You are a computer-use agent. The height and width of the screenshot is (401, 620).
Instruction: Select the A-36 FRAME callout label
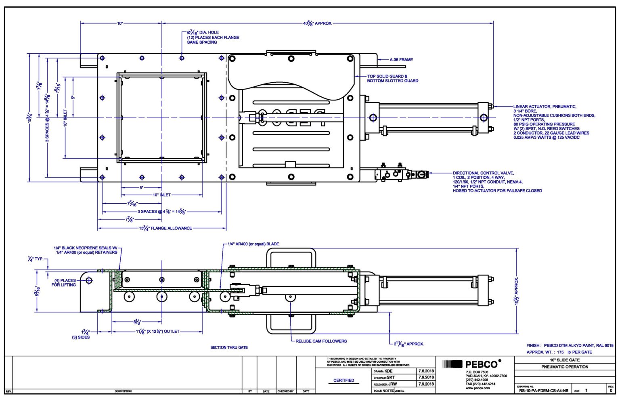401,60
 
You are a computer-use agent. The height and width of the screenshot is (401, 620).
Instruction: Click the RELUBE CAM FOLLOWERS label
321,341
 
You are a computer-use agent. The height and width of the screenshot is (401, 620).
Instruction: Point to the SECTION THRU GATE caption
229,347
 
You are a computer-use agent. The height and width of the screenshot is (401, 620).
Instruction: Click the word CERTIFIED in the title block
344,380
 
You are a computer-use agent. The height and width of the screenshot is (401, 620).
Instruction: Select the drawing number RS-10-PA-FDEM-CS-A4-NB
543,391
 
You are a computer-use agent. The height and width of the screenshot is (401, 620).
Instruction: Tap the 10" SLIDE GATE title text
564,360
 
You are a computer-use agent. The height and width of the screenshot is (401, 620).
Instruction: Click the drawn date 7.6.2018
426,371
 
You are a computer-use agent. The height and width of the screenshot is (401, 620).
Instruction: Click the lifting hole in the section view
89,280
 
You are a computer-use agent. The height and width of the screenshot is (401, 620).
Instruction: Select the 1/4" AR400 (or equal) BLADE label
253,244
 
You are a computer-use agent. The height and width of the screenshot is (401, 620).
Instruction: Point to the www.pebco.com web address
478,388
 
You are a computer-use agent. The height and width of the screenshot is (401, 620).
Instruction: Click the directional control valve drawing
400,174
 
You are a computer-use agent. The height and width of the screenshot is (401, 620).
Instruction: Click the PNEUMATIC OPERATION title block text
564,367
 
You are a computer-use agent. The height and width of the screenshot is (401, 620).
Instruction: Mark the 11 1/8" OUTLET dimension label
157,332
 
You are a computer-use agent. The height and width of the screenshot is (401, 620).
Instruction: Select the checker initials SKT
390,378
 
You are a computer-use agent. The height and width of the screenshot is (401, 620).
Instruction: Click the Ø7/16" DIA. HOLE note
203,32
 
